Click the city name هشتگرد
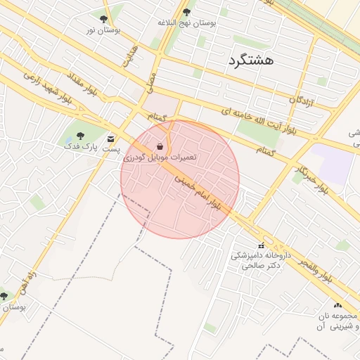pyautogui.click(x=250, y=61)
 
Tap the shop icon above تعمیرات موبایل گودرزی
pyautogui.click(x=161, y=146)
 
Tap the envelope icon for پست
pyautogui.click(x=110, y=139)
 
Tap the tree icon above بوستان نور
pyautogui.click(x=103, y=20)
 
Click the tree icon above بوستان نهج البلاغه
pyautogui.click(x=186, y=12)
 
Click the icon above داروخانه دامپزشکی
pyautogui.click(x=261, y=245)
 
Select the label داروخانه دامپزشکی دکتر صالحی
pyautogui.click(x=261, y=261)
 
